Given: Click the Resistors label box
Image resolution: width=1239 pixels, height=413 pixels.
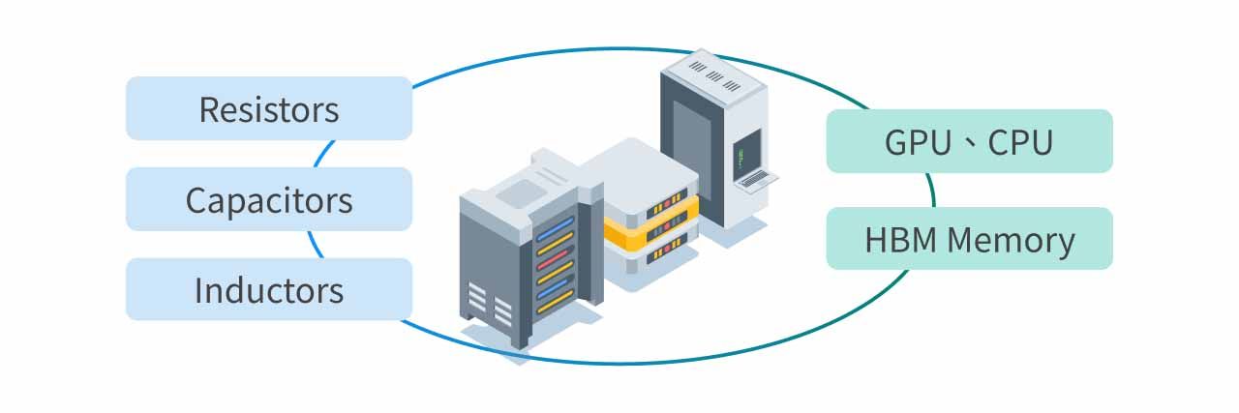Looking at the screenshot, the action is point(269,108).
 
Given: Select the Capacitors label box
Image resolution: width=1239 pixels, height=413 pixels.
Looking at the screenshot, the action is point(269,199).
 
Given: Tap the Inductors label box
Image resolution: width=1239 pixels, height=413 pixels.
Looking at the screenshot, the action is point(269,289).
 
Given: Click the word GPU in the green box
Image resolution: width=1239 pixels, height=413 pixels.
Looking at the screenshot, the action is point(917,142).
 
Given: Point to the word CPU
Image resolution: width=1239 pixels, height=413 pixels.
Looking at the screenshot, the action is point(1020,142).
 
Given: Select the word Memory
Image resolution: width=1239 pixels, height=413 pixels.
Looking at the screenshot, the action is point(1012,242).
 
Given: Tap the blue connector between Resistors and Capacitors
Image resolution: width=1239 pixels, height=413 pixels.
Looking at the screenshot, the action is point(323,153).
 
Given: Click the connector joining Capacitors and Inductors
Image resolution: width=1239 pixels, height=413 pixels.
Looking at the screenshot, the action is point(315,245).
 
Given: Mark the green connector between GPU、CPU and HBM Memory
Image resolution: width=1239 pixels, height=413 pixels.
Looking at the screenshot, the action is point(931,191).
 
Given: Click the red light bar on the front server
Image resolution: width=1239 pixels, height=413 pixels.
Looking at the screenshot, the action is point(553,258).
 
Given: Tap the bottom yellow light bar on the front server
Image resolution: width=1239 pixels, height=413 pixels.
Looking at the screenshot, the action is point(555,302).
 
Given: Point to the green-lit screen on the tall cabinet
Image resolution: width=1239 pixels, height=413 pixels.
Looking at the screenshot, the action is point(746,156).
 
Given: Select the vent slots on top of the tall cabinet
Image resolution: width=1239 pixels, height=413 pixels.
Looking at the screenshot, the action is point(714,76).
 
